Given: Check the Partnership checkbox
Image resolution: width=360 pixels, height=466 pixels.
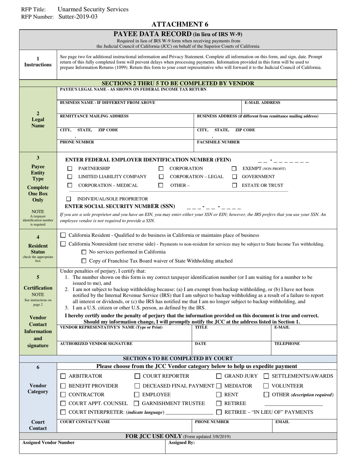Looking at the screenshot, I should tap(70, 169).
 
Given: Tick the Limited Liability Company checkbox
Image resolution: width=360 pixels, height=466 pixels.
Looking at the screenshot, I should tap(70, 177).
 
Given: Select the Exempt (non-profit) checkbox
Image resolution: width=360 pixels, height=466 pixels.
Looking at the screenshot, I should tap(234, 169).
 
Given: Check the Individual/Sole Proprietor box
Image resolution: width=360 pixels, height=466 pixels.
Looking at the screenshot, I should tap(69, 199).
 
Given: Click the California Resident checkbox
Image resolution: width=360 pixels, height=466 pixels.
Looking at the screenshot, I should tap(63, 235).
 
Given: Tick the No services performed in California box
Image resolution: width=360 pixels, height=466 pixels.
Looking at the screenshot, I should tap(84, 252).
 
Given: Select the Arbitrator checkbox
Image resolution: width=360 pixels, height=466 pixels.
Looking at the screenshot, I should tap(63, 376).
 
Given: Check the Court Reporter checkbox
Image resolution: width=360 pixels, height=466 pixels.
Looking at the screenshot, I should tap(138, 376).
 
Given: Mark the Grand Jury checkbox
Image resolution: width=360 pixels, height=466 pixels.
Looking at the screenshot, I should tap(219, 376).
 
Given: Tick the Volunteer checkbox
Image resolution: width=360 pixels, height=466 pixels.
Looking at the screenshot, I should tap(266, 386).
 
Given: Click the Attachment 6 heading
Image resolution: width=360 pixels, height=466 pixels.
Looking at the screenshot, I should tap(180, 25).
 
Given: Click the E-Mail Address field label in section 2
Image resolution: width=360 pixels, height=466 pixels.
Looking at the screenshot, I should tap(262, 103).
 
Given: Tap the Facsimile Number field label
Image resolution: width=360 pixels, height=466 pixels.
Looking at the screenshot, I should tap(218, 142).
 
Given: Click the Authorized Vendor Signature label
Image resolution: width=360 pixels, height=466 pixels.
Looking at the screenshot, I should tap(96, 344).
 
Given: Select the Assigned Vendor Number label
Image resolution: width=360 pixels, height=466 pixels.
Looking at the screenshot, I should tap(49, 443).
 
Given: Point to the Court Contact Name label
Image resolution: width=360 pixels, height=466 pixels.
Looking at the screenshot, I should tap(85, 422).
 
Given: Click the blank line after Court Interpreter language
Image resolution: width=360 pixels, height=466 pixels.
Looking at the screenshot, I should tap(189, 412).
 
